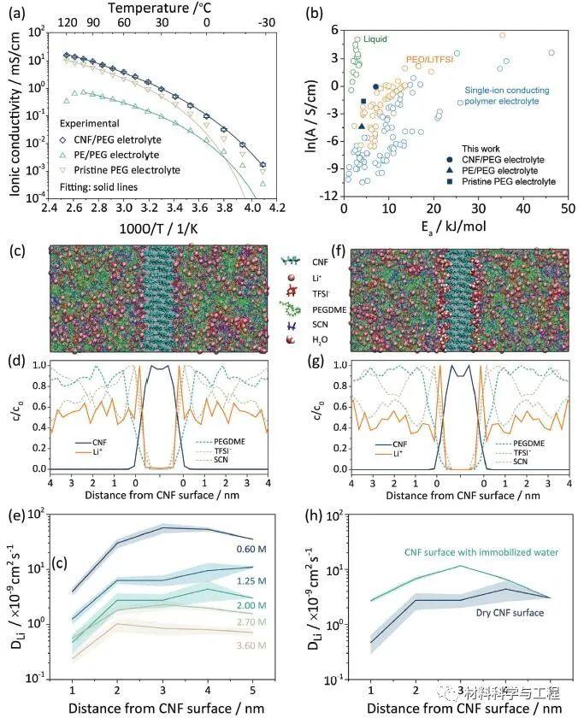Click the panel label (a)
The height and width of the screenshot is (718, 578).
(x=15, y=11)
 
